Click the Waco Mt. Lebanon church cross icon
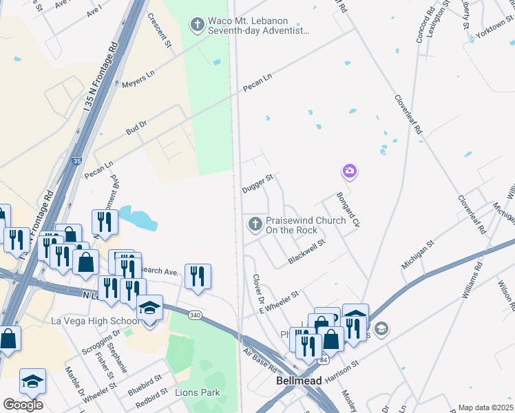tap(198, 25)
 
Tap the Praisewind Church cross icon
tap(255, 224)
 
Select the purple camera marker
tap(350, 170)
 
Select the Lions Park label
tap(197, 392)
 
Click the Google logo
tap(23, 404)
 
